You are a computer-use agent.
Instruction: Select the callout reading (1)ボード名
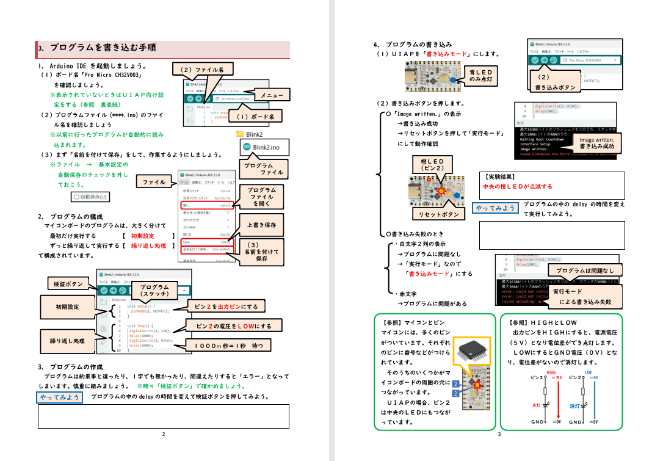(255, 116)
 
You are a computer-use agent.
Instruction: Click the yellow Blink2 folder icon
(240, 134)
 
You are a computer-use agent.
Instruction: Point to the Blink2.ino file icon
(247, 147)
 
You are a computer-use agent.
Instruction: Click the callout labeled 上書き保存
(261, 225)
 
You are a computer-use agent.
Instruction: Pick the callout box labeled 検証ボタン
(68, 284)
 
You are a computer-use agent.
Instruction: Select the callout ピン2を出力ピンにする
(226, 306)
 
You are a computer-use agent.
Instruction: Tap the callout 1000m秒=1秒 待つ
(229, 345)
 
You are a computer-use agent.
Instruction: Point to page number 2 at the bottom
(164, 434)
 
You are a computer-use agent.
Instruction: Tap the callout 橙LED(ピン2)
(437, 165)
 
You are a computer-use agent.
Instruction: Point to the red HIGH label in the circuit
(551, 372)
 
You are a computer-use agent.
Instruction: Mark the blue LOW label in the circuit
(588, 372)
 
